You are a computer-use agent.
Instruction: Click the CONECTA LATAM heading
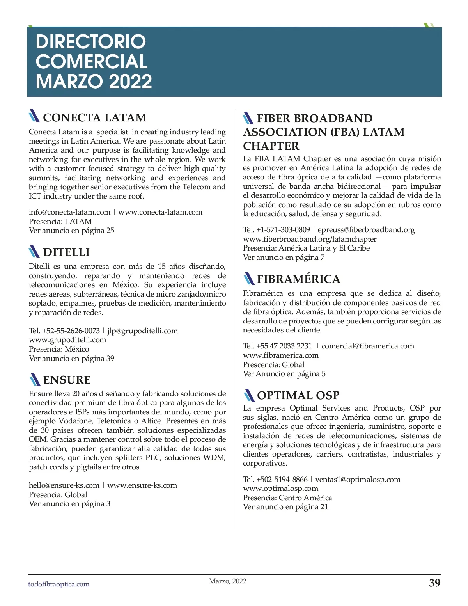(94, 117)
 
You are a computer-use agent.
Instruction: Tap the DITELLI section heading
(66, 252)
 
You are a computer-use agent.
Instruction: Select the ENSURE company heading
(67, 380)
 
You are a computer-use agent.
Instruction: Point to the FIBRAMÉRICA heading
(298, 279)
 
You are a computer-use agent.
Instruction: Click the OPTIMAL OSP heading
(298, 395)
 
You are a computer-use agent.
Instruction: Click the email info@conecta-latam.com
(69, 212)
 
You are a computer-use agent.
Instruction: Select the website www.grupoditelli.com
(67, 340)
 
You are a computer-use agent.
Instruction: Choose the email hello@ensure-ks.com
(64, 485)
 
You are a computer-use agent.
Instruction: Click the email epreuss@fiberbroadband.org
(366, 230)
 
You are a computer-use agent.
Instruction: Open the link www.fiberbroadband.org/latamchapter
(310, 239)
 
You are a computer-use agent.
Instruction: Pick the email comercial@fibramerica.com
(368, 346)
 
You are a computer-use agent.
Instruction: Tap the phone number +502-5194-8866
(282, 480)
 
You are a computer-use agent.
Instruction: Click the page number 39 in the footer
(434, 583)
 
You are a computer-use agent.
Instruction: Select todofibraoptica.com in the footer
(58, 585)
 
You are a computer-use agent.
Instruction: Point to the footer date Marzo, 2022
(228, 581)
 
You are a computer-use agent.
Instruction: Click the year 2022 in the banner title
(130, 81)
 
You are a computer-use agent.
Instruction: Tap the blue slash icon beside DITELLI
(34, 252)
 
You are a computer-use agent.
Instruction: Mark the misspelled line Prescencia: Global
(273, 364)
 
